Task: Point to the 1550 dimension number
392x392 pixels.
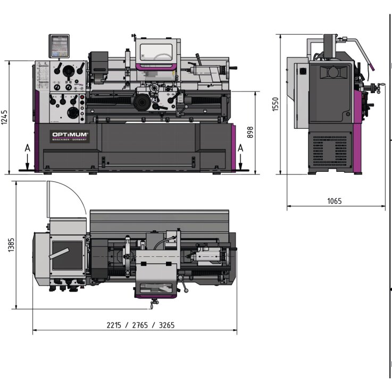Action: [x=275, y=104]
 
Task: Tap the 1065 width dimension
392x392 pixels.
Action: [x=335, y=201]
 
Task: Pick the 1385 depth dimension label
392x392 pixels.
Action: [x=12, y=245]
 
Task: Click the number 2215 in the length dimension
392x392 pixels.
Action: [x=115, y=325]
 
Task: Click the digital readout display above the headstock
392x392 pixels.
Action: [x=59, y=46]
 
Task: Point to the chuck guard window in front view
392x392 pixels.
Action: [x=156, y=53]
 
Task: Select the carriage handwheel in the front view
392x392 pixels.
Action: [x=141, y=101]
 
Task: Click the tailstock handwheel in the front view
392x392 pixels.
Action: [x=231, y=70]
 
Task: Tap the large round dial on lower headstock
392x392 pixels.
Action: [x=73, y=114]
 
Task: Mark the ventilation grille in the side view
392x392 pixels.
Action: [x=329, y=149]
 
